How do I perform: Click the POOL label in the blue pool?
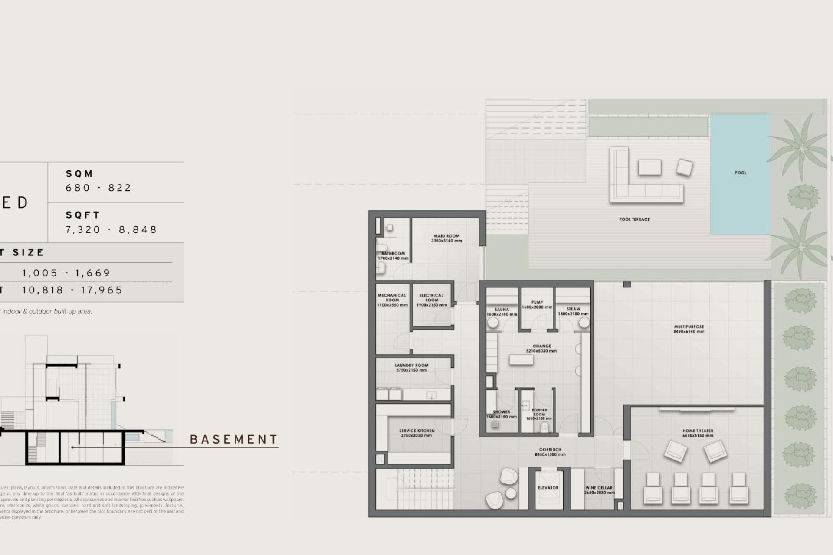tap(741, 173)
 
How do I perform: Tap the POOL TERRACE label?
tap(634, 219)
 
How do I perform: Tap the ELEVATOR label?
tap(548, 488)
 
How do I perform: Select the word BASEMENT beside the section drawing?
tap(234, 440)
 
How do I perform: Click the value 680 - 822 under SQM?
tap(98, 188)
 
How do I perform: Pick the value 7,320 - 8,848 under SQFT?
tap(111, 229)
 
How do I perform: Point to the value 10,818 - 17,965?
tap(72, 290)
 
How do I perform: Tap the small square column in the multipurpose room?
tap(626, 285)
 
